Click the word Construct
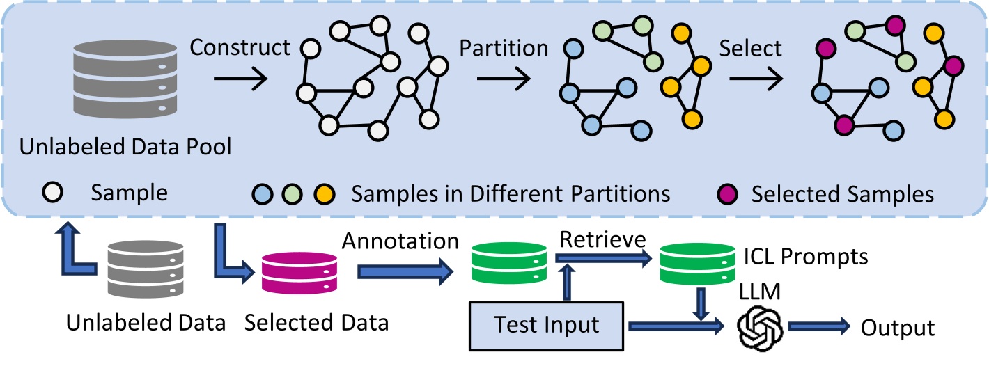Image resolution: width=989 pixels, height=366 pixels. pos(240,47)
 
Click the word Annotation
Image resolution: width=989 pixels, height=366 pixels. pos(400,241)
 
